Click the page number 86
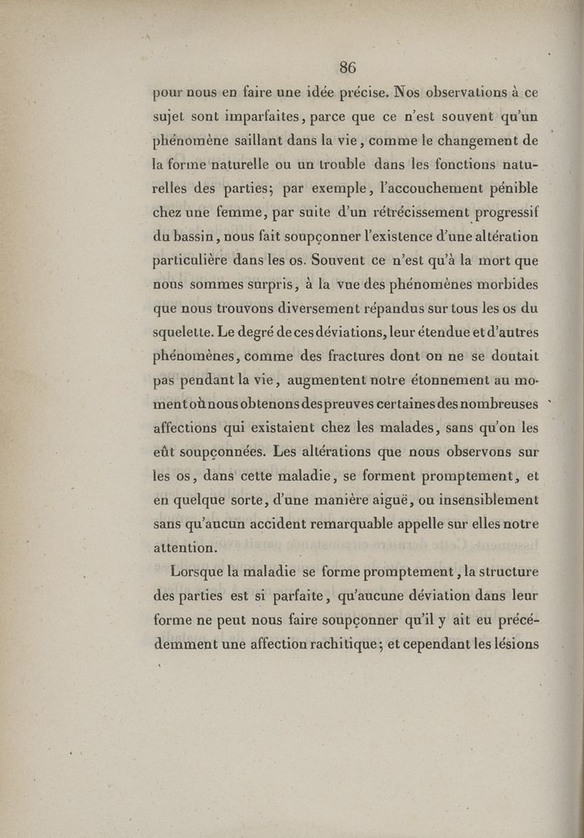(x=347, y=68)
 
